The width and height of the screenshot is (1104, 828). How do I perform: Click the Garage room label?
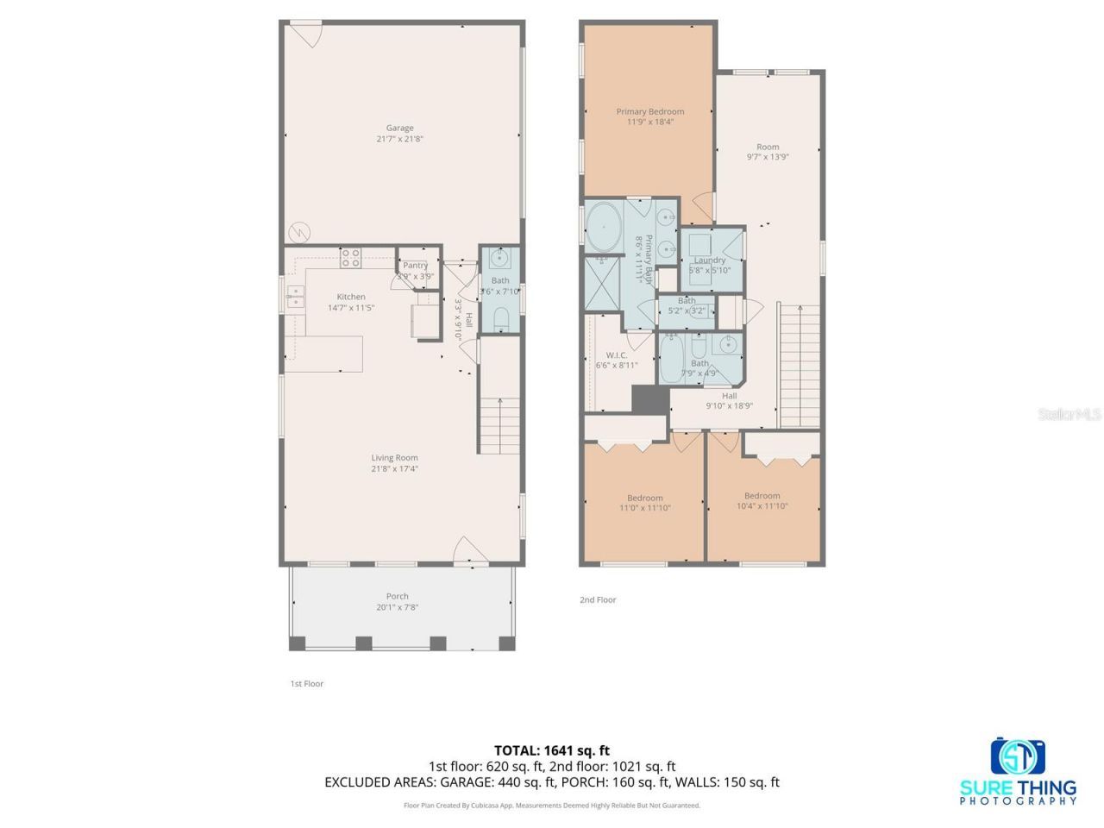(x=399, y=128)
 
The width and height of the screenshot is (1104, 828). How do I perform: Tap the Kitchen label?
(x=351, y=297)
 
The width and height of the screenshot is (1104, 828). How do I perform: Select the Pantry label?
(x=415, y=266)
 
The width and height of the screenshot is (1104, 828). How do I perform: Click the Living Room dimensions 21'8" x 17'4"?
(x=394, y=469)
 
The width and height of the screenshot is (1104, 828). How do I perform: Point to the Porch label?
(x=397, y=596)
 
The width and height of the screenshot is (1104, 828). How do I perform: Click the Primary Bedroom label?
(x=649, y=111)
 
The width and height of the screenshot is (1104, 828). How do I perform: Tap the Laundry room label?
(x=710, y=260)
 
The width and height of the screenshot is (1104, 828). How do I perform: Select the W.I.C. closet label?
(x=616, y=354)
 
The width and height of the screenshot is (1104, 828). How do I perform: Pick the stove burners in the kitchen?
(x=350, y=257)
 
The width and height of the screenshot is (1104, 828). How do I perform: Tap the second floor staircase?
(x=800, y=367)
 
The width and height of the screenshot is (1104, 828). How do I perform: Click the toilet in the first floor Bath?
(x=501, y=319)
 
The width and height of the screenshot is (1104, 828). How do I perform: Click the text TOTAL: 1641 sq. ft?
(x=551, y=750)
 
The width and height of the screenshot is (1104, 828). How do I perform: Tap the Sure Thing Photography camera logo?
(x=1018, y=756)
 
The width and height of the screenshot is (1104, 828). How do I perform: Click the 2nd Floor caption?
(x=598, y=599)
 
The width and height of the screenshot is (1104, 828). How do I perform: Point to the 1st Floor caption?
(x=306, y=683)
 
